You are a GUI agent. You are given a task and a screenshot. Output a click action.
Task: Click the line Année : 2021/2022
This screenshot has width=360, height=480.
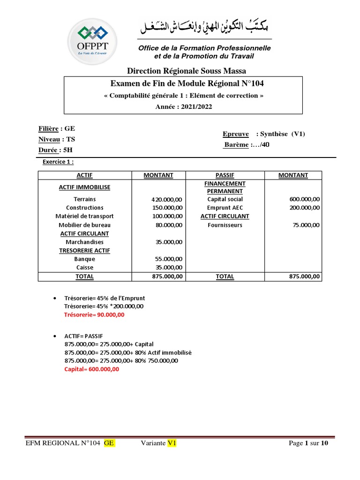[x=184, y=106]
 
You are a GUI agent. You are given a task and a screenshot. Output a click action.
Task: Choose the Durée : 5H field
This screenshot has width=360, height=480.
[x=55, y=150]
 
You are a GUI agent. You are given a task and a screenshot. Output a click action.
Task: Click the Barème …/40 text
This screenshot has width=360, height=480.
[x=247, y=145]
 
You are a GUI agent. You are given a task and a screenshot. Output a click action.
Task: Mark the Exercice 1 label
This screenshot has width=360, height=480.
[x=58, y=162]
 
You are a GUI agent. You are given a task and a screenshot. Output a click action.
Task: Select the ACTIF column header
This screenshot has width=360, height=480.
[x=84, y=175]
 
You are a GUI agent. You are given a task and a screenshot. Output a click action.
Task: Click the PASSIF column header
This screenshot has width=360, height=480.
[x=225, y=175]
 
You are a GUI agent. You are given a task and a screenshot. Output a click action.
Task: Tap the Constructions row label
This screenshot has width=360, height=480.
[x=84, y=208]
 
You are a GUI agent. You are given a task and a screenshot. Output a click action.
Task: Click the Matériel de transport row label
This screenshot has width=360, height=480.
[x=84, y=216]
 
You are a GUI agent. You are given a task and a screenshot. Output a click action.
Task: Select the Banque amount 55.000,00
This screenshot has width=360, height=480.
[x=168, y=259]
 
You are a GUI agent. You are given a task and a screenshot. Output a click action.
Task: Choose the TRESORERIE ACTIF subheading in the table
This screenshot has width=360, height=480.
[x=84, y=250]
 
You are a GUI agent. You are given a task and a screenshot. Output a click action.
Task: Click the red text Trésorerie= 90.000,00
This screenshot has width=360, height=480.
[x=94, y=315]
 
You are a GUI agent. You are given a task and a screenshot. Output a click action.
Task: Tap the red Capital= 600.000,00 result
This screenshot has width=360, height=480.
[x=91, y=369]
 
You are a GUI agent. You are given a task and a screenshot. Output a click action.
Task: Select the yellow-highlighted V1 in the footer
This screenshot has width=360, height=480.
[x=172, y=443]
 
